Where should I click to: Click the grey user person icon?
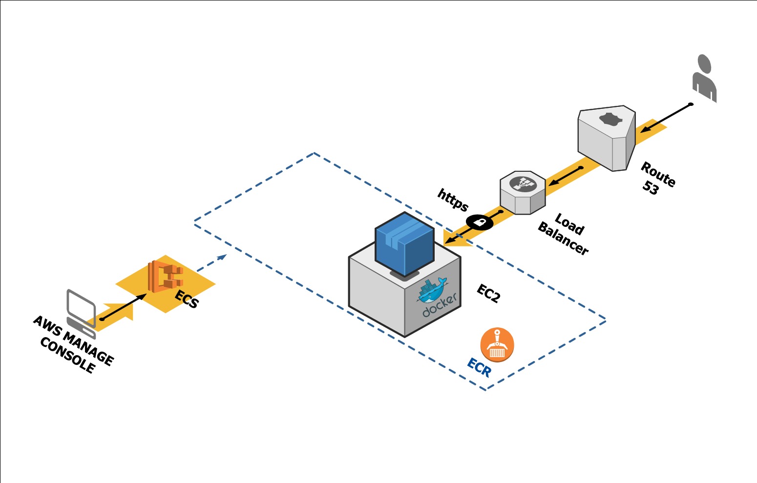[704, 78]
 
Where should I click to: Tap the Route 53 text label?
[657, 179]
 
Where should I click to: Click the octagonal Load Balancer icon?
[523, 192]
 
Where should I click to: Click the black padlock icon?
[480, 222]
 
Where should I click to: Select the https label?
[453, 200]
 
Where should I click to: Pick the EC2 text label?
[488, 293]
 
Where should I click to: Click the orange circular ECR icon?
[497, 345]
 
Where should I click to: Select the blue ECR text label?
[479, 367]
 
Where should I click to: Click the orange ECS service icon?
[165, 276]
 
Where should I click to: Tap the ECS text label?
[187, 299]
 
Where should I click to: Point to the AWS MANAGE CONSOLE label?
[73, 345]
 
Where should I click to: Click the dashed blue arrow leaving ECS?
[212, 262]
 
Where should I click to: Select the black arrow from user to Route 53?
[666, 118]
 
